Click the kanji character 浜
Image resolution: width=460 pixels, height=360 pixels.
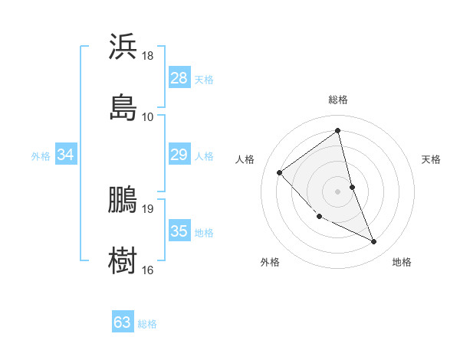pyautogui.click(x=123, y=47)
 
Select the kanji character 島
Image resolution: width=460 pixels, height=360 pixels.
pyautogui.click(x=123, y=107)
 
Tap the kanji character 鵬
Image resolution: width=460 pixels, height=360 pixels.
pyautogui.click(x=123, y=199)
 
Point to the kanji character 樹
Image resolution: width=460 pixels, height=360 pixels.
pyautogui.click(x=123, y=260)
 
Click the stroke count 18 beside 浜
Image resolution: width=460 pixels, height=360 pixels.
pyautogui.click(x=147, y=56)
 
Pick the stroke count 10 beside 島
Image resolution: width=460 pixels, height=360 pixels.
pyautogui.click(x=147, y=117)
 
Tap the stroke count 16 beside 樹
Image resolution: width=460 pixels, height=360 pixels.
pyautogui.click(x=147, y=270)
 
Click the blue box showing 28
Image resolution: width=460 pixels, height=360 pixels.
pyautogui.click(x=179, y=78)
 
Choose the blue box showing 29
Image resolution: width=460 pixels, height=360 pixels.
pyautogui.click(x=179, y=155)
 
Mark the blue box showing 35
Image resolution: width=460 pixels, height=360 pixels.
pyautogui.click(x=179, y=231)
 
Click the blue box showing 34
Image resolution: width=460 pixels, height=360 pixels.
pyautogui.click(x=66, y=155)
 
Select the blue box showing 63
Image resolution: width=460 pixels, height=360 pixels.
pyautogui.click(x=123, y=322)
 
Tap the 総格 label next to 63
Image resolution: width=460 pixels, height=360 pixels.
pyautogui.click(x=147, y=324)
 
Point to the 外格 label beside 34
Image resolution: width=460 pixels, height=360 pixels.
pyautogui.click(x=41, y=156)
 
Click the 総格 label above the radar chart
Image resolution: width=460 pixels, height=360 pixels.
pyautogui.click(x=337, y=100)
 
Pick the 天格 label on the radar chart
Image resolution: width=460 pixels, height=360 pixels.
pyautogui.click(x=431, y=159)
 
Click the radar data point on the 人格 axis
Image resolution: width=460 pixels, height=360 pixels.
pyautogui.click(x=280, y=172)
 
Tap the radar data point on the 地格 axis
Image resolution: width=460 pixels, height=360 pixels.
pyautogui.click(x=374, y=242)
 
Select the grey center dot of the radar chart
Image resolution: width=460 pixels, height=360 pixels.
pyautogui.click(x=337, y=191)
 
